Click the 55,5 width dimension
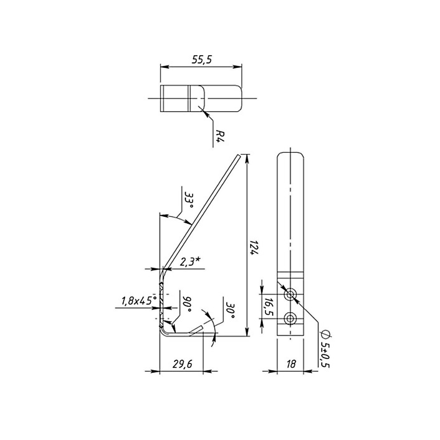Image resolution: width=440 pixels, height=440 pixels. (x=202, y=60)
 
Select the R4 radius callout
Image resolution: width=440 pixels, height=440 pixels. (x=220, y=136)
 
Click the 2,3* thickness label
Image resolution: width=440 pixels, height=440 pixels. (x=190, y=262)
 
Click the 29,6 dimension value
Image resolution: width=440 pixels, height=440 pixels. (x=182, y=364)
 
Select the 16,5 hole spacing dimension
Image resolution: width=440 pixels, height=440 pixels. (x=269, y=307)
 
